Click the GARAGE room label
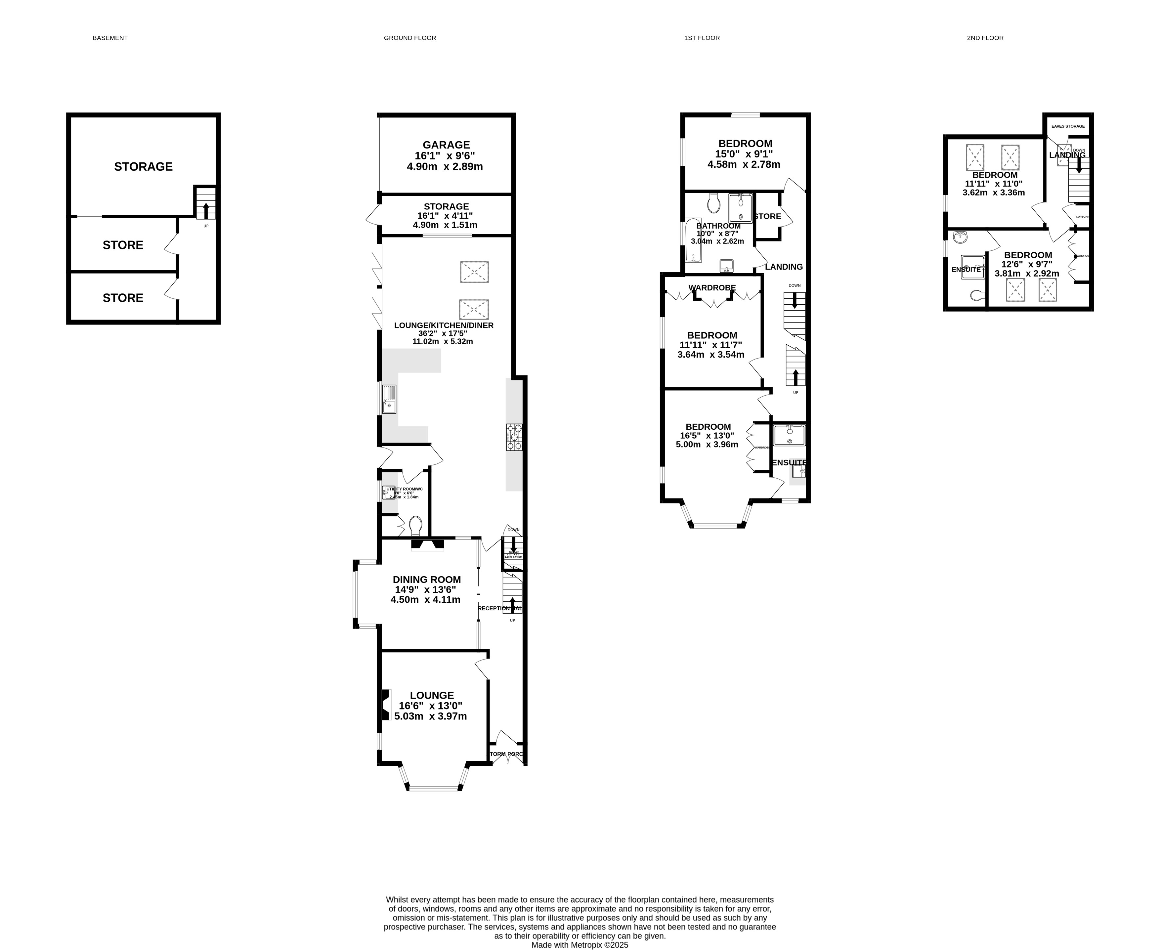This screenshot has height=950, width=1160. coord(446,145)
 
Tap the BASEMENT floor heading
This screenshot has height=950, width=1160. coord(110,38)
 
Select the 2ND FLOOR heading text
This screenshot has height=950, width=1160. coord(985,38)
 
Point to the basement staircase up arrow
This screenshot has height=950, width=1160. coord(206,210)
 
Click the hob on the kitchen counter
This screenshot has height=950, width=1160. coord(514,437)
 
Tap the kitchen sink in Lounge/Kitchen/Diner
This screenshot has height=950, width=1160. coord(389,399)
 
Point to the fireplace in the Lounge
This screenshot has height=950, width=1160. coord(386,705)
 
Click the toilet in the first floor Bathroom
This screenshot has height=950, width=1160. coord(713,203)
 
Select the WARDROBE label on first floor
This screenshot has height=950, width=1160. coord(712,288)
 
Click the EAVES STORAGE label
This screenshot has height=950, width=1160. coord(1067,126)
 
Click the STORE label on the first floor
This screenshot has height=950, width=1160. coord(767,216)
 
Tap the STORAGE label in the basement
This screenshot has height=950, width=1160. coord(143,166)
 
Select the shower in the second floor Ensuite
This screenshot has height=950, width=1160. coord(973,267)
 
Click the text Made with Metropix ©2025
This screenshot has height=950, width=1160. coord(580,944)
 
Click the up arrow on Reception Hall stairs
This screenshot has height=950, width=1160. coord(512,604)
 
